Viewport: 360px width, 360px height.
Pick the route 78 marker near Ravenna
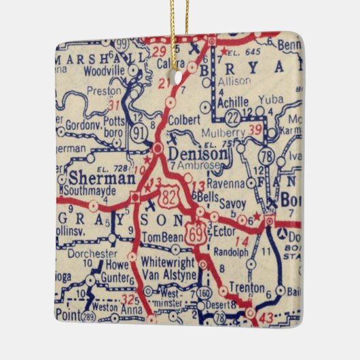[270, 157]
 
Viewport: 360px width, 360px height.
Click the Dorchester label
[94, 253]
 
